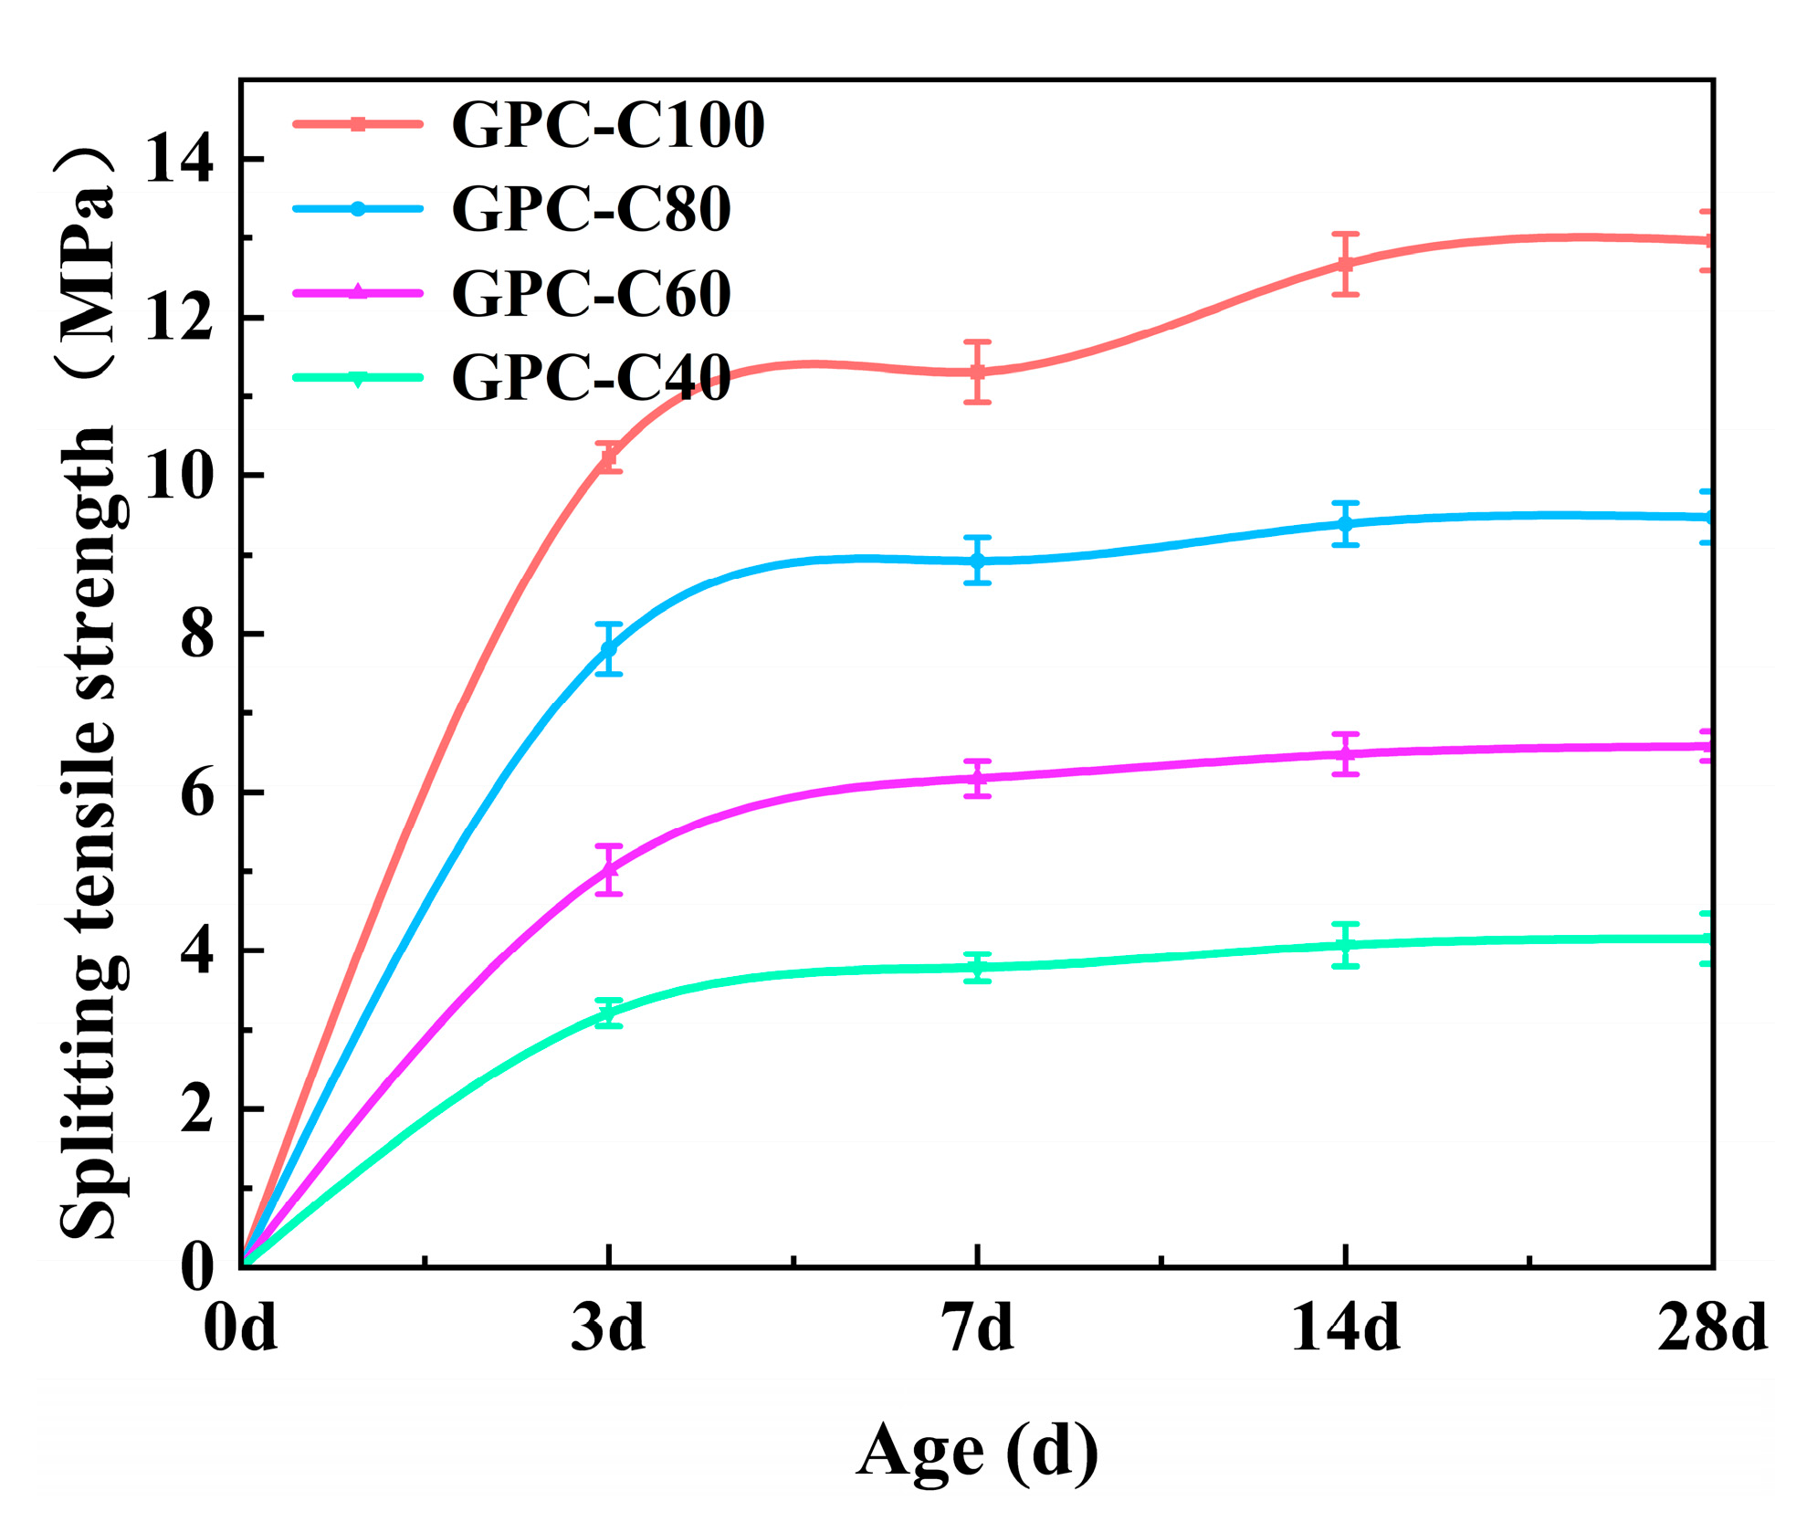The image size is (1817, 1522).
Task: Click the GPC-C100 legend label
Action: pyautogui.click(x=607, y=125)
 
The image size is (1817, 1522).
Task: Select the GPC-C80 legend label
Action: pyautogui.click(x=591, y=209)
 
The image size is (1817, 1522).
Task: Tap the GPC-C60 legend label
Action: pyautogui.click(x=591, y=293)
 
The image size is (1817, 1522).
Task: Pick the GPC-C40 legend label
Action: pyautogui.click(x=591, y=377)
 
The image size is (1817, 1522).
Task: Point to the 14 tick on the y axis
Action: pyautogui.click(x=178, y=159)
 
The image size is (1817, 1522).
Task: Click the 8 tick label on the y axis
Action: pyautogui.click(x=196, y=635)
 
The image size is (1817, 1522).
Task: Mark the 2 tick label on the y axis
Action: pyautogui.click(x=196, y=1109)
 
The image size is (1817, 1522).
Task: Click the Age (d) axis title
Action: pyautogui.click(x=977, y=1452)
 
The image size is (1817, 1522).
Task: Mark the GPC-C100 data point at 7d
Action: pyautogui.click(x=977, y=372)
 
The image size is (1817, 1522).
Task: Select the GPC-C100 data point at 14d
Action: pyautogui.click(x=1345, y=264)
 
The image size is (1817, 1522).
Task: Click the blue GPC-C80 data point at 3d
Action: pyautogui.click(x=609, y=648)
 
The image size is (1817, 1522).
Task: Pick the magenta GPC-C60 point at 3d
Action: pyautogui.click(x=609, y=869)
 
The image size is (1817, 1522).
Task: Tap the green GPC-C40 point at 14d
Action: pyautogui.click(x=1345, y=945)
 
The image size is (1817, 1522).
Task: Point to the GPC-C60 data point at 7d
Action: pyautogui.click(x=977, y=778)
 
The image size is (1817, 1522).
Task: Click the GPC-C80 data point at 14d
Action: pyautogui.click(x=1345, y=524)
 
